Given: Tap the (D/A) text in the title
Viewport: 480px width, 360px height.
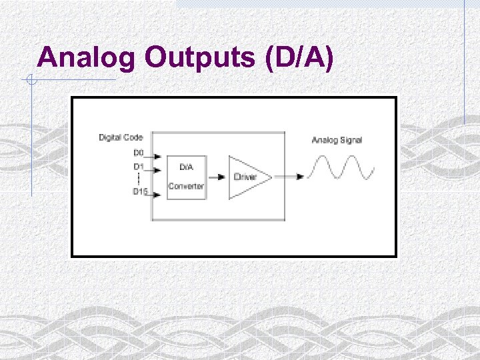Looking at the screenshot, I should pos(299,58).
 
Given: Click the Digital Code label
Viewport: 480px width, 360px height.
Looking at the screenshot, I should pos(121,137).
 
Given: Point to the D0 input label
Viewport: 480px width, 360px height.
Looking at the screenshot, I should pos(139,152).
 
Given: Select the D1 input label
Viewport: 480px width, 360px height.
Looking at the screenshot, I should pos(139,166).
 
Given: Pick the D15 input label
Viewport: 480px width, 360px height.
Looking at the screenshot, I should pos(139,191).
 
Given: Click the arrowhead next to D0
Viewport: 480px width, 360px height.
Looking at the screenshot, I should pos(157,159).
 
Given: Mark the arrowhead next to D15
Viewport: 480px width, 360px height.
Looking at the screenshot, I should pos(157,195).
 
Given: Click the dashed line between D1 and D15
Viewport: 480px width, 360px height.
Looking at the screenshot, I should pos(139,179).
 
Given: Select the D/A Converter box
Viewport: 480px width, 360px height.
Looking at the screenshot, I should pos(186,177).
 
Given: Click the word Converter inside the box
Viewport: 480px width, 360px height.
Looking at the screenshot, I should pos(186,187).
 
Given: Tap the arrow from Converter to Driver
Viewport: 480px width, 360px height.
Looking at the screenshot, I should pos(217,177).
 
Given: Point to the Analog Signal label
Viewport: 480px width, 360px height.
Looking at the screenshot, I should pos(337,140).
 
